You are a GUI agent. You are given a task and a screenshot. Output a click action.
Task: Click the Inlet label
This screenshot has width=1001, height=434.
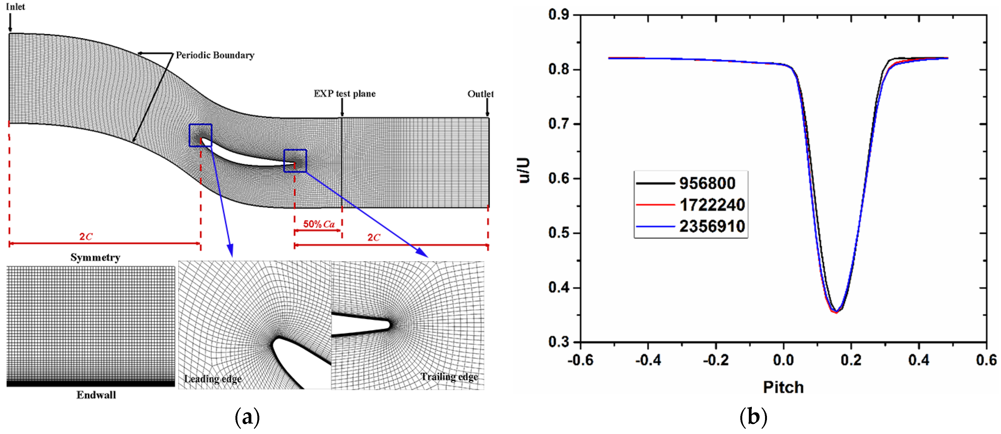click(15, 7)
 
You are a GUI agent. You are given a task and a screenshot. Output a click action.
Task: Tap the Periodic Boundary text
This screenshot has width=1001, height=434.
click(215, 55)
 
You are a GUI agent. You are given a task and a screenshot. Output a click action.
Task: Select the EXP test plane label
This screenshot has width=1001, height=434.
click(344, 94)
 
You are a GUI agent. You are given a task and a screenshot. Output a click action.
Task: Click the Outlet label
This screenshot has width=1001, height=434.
click(480, 94)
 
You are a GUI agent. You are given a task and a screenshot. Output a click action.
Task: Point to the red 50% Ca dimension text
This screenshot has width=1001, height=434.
click(319, 224)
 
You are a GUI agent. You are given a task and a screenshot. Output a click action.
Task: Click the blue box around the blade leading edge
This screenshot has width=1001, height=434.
click(201, 135)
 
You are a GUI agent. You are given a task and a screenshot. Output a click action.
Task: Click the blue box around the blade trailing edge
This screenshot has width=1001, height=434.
click(295, 161)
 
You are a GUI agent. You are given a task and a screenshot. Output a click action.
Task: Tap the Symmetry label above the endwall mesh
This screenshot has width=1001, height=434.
click(95, 257)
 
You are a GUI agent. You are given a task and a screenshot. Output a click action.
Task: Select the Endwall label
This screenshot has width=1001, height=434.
click(96, 395)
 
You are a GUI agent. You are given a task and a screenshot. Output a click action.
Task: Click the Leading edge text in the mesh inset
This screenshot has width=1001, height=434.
click(213, 379)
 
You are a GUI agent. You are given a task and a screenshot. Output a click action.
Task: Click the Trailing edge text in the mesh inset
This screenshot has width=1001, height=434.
click(449, 377)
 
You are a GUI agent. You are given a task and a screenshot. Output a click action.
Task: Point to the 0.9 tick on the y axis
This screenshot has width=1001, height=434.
click(559, 15)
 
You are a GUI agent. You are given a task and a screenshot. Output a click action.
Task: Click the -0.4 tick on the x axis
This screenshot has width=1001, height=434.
click(648, 360)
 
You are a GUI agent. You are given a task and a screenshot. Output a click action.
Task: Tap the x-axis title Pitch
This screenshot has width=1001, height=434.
click(783, 387)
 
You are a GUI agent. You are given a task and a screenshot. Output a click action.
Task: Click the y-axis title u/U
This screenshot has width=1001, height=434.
click(525, 170)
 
